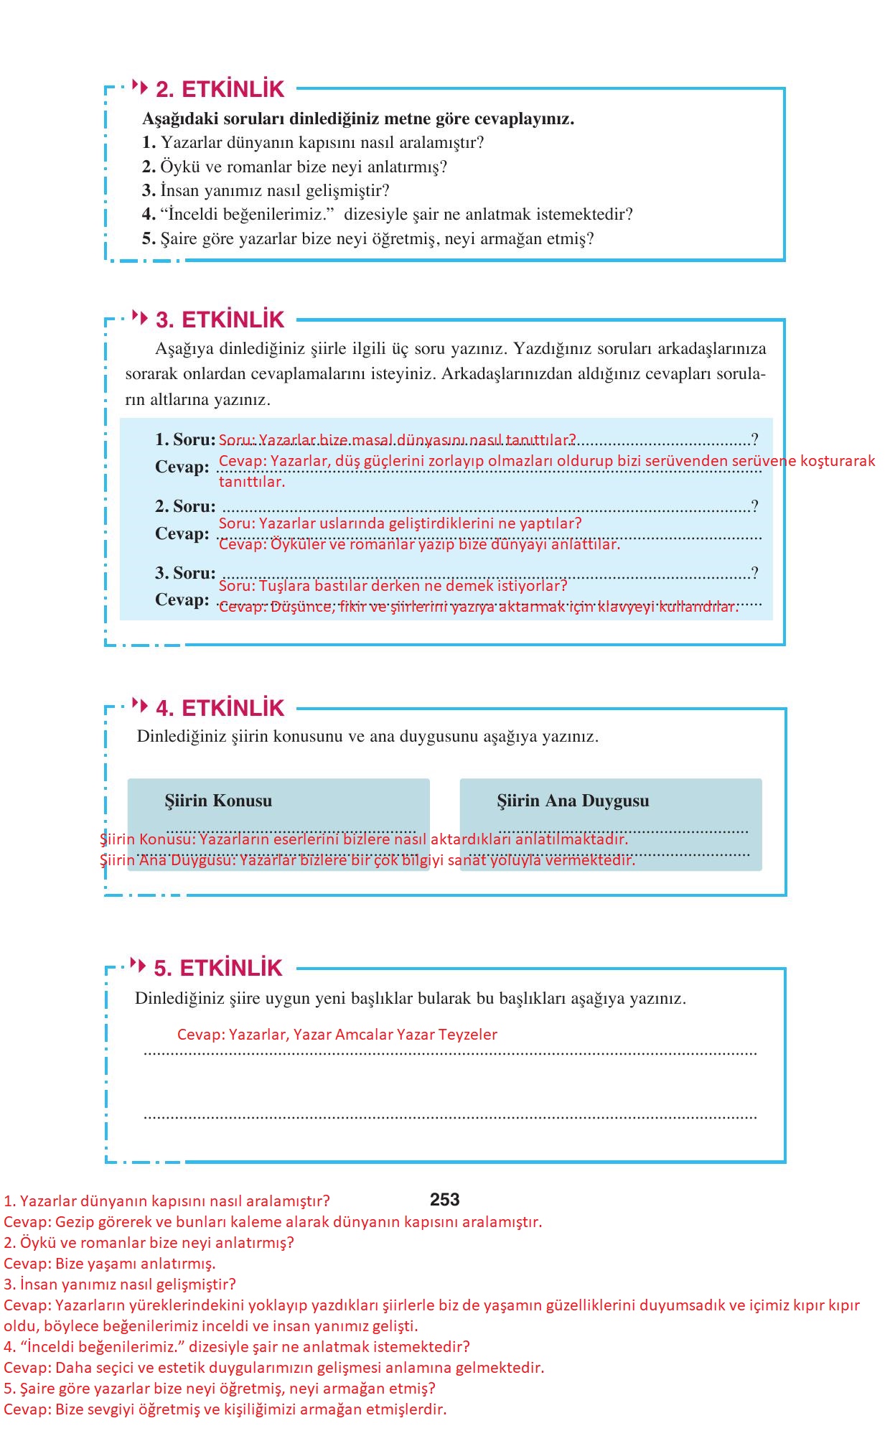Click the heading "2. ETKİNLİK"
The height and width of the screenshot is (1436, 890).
click(220, 89)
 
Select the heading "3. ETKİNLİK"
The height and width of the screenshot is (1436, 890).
click(220, 320)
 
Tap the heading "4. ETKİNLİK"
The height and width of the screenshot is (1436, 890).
click(220, 708)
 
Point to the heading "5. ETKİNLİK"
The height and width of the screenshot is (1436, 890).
click(218, 968)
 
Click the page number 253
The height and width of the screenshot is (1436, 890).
click(445, 1200)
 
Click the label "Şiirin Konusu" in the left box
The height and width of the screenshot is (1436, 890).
click(218, 801)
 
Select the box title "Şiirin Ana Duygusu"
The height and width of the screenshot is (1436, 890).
click(573, 801)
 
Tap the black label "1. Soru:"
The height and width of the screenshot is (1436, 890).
click(185, 439)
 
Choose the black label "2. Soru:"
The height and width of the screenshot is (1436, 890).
click(185, 506)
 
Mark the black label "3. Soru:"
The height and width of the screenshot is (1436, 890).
click(185, 573)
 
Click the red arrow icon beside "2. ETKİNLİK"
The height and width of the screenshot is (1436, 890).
click(140, 88)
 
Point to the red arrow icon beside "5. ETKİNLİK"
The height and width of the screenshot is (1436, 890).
click(138, 965)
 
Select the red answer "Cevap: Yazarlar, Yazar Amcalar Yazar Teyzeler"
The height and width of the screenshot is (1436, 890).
click(337, 1035)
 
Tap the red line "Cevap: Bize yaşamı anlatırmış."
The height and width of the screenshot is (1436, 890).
click(110, 1263)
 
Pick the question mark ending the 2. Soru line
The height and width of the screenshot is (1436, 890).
click(754, 506)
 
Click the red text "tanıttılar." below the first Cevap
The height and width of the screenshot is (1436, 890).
click(252, 482)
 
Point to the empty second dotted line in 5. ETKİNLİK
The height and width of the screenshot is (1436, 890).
click(450, 1116)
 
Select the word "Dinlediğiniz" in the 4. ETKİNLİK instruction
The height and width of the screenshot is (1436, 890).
click(182, 736)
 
